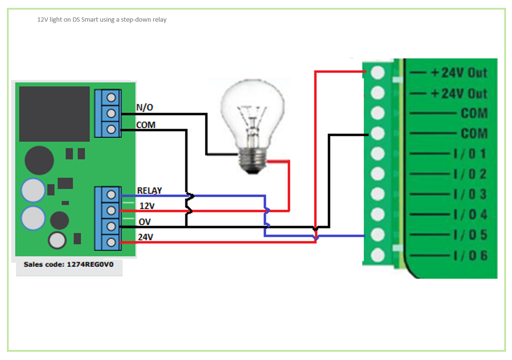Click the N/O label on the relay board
(x=145, y=108)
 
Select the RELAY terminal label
(x=149, y=191)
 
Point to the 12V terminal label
(x=147, y=206)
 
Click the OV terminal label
(x=145, y=222)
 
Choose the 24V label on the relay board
(x=146, y=237)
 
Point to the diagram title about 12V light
(x=102, y=20)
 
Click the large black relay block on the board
(x=54, y=114)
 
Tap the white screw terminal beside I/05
(x=378, y=235)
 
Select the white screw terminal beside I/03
(x=378, y=194)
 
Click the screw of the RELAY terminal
(x=112, y=194)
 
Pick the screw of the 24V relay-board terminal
(x=112, y=242)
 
